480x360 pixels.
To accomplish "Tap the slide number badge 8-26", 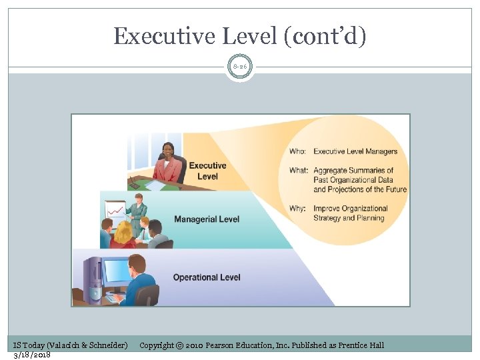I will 239,67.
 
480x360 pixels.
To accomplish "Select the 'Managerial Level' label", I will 206,219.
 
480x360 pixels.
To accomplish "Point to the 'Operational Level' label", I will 207,277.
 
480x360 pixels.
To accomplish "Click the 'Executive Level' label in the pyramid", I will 207,171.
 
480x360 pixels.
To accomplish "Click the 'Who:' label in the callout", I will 297,151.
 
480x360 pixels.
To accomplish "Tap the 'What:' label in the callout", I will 299,171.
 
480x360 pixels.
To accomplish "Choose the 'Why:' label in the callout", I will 297,209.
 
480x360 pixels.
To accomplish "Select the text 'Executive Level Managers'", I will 355,151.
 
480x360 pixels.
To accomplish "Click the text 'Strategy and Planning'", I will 349,218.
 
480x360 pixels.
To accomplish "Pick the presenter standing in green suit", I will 138,212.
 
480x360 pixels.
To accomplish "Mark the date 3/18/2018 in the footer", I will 32,354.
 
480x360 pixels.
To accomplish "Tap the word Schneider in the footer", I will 105,345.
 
